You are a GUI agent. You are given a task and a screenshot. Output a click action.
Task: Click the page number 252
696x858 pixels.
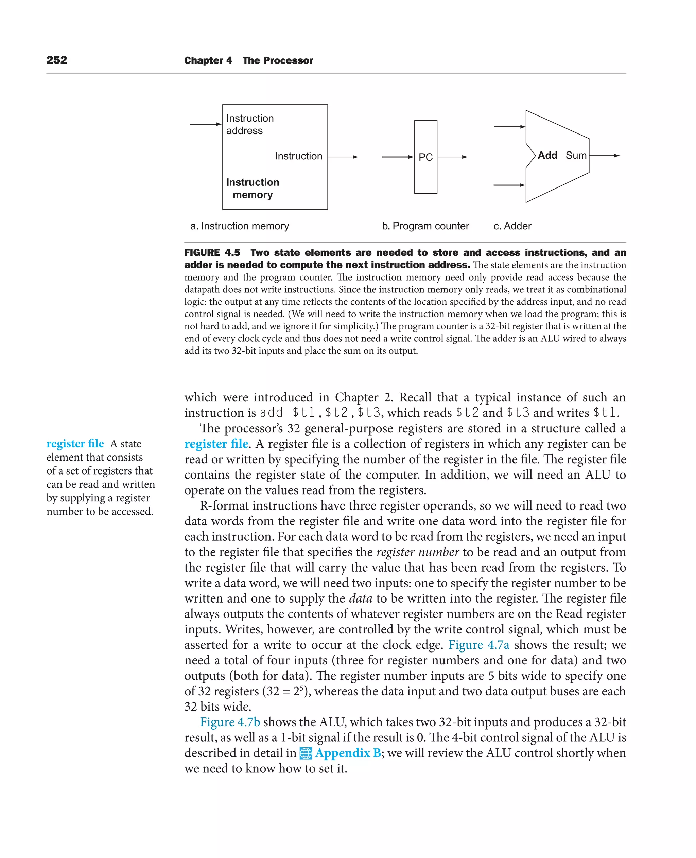(56, 60)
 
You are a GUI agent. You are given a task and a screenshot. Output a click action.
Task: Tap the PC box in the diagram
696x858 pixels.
(425, 157)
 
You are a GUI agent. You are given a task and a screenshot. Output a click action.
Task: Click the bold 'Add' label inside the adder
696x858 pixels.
(547, 156)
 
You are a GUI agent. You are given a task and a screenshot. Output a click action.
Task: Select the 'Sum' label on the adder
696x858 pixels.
(576, 156)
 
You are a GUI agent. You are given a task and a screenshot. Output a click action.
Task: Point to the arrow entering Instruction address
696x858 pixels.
(206, 124)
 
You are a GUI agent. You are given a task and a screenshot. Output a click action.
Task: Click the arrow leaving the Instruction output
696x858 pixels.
(343, 157)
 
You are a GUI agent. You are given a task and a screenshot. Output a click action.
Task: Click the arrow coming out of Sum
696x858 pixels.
(604, 156)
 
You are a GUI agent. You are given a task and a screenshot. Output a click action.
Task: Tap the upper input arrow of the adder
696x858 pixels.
(509, 127)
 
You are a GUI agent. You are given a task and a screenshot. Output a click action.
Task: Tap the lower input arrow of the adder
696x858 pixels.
(509, 185)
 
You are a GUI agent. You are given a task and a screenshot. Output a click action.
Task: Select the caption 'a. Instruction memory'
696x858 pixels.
(239, 226)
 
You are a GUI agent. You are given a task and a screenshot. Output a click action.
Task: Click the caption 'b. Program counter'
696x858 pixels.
(425, 226)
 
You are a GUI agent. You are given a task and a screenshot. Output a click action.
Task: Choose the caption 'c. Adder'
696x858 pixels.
(512, 226)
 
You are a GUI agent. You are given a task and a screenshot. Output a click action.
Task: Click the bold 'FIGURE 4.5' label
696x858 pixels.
(212, 253)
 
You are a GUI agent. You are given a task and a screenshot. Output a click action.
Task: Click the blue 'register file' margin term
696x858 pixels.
(75, 444)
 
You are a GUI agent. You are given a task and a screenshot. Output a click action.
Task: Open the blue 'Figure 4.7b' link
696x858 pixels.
(230, 722)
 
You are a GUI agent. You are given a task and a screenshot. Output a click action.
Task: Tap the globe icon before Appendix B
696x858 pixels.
(306, 753)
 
